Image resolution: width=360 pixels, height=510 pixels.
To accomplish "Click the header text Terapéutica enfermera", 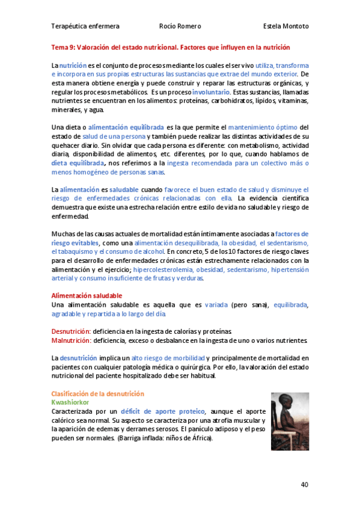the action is [85, 26].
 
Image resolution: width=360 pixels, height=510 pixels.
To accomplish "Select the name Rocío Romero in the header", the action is [180, 26].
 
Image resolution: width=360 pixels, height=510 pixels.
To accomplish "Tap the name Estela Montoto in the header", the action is [285, 26].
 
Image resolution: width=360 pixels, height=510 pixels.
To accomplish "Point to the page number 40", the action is [305, 484].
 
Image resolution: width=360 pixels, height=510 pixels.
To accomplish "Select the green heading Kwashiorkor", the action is [72, 401].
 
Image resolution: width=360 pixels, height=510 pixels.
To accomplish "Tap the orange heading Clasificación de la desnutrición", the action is [98, 393].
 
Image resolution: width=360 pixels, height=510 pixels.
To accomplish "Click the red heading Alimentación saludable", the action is [87, 296].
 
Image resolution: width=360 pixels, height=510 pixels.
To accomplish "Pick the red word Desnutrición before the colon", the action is [70, 331].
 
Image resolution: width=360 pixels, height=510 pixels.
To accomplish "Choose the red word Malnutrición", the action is [70, 340].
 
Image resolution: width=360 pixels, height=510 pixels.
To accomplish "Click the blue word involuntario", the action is [211, 93].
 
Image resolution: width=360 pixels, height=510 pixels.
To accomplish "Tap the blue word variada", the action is [216, 305].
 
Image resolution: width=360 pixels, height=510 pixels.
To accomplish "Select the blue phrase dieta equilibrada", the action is [78, 162].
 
